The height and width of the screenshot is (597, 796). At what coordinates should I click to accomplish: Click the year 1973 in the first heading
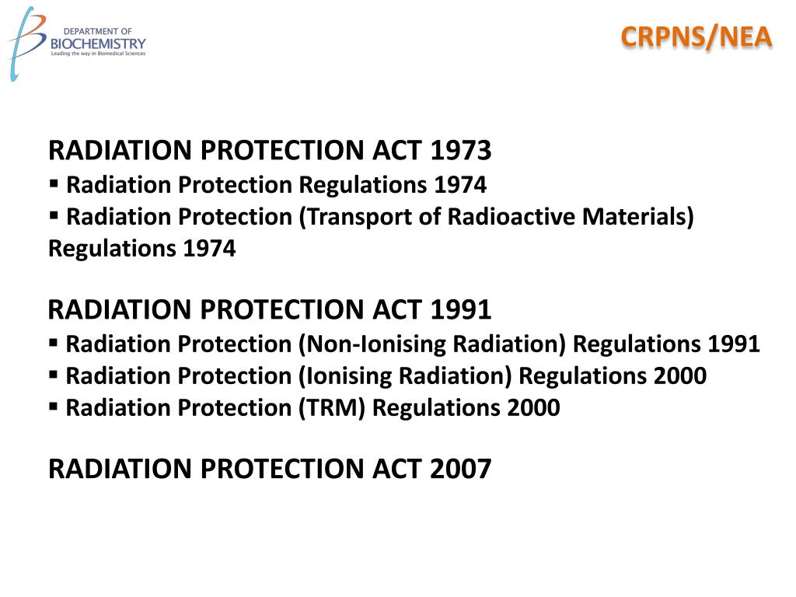point(461,150)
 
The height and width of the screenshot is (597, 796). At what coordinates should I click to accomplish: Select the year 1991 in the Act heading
point(461,310)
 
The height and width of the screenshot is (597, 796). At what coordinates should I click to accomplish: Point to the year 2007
point(461,470)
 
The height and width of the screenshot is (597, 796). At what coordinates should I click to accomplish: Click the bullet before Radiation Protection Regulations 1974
point(54,184)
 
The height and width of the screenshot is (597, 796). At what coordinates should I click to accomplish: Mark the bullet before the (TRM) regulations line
point(54,407)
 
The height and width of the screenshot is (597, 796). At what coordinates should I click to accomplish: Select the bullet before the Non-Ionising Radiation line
point(54,343)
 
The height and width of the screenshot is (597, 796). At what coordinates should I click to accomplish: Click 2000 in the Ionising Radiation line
point(680,376)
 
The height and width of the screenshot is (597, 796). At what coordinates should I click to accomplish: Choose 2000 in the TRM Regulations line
point(533,408)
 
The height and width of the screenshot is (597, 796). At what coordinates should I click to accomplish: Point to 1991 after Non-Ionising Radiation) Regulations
point(734,344)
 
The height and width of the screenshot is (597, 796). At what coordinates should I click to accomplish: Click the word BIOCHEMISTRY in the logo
point(98,44)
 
